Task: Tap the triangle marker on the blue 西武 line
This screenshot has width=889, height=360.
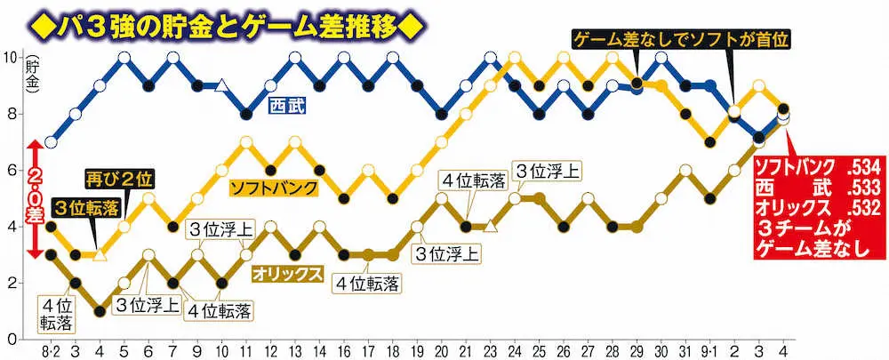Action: pyautogui.click(x=222, y=86)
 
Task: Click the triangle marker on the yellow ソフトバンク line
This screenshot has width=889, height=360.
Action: pyautogui.click(x=100, y=255)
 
